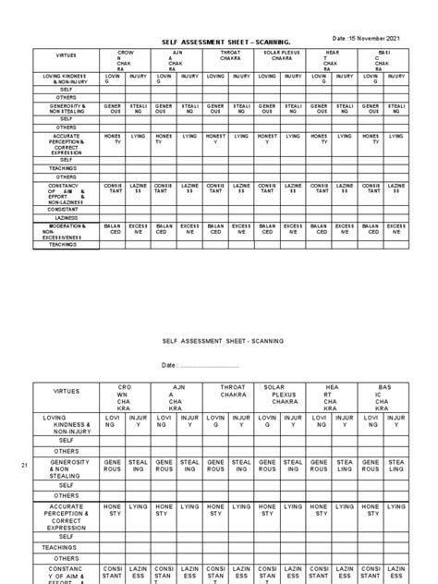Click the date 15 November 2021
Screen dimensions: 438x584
(x=368, y=38)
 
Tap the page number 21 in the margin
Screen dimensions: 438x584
(x=25, y=466)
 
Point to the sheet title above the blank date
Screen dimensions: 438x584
(x=218, y=340)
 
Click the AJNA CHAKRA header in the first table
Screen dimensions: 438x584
(x=178, y=59)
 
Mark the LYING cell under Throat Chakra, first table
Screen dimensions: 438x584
(x=241, y=136)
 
